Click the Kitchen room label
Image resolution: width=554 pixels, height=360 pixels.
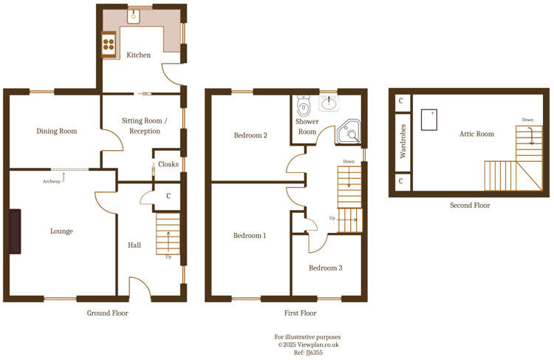(138, 55)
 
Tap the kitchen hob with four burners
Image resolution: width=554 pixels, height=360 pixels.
(109, 44)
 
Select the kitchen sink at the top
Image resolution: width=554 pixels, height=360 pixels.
(134, 16)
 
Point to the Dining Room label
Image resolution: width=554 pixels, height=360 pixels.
(57, 132)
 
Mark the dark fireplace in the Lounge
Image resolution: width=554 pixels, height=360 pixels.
(16, 231)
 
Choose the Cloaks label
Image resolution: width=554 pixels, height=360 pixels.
(168, 164)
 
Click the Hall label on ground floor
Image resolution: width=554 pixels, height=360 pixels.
(134, 245)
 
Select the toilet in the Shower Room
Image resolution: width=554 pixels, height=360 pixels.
(303, 103)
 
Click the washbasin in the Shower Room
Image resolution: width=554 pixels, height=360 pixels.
(328, 103)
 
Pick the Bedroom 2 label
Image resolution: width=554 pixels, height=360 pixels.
(250, 135)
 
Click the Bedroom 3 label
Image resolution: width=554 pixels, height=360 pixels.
(325, 268)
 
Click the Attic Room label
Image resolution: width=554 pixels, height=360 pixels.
(476, 134)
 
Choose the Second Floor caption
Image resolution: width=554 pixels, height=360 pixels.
(469, 206)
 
